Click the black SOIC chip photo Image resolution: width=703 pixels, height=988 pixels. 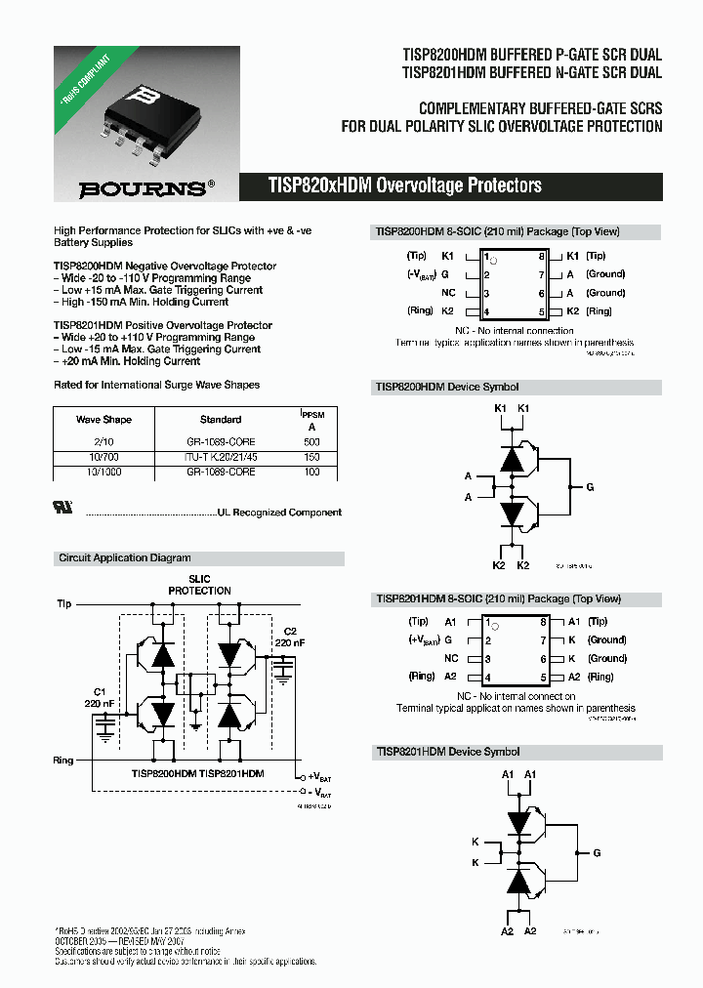click(x=143, y=116)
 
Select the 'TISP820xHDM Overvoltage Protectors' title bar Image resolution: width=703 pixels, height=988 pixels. click(x=404, y=185)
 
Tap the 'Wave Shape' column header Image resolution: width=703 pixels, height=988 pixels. click(x=103, y=420)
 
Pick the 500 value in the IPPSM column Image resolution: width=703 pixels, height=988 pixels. click(x=311, y=442)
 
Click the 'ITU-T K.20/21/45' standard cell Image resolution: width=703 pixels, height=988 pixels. click(x=221, y=457)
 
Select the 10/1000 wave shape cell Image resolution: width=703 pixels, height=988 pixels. click(x=103, y=472)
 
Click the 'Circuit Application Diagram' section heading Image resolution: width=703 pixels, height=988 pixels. click(x=125, y=558)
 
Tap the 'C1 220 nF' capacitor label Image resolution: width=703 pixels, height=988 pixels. click(x=99, y=697)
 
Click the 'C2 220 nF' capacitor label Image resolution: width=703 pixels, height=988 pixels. click(x=290, y=638)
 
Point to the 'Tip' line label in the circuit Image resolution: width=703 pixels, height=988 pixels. click(x=64, y=604)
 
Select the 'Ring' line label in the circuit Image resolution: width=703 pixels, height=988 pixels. click(x=64, y=760)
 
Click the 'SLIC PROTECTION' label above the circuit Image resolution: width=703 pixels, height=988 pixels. click(x=199, y=585)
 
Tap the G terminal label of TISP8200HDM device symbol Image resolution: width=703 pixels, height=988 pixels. click(x=590, y=486)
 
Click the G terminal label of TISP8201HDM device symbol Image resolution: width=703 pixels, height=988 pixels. click(x=597, y=852)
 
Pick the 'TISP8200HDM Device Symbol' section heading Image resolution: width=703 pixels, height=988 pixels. click(x=447, y=387)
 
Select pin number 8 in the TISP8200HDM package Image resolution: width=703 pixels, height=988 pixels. click(x=541, y=256)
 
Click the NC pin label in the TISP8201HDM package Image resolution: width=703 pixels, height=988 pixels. click(x=450, y=659)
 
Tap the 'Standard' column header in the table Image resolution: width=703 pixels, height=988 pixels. click(x=221, y=420)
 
